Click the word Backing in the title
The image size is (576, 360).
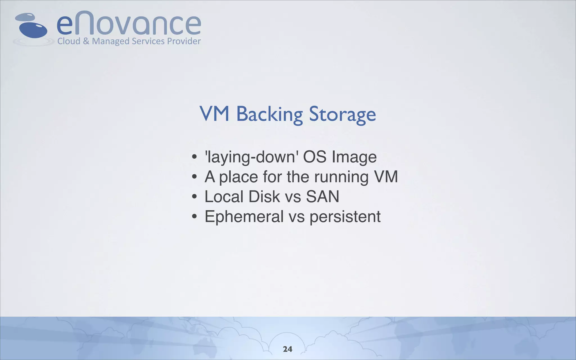(269, 114)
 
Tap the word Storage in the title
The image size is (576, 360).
(342, 114)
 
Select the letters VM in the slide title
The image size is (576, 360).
(214, 114)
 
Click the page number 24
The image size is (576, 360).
(287, 349)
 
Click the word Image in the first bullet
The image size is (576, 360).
(354, 157)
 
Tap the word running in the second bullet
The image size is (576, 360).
(341, 177)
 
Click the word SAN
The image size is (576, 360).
(323, 197)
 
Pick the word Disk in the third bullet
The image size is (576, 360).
(264, 197)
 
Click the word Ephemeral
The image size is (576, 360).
(244, 217)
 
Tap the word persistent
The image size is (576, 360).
(345, 217)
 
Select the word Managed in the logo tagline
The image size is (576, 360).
(111, 41)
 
